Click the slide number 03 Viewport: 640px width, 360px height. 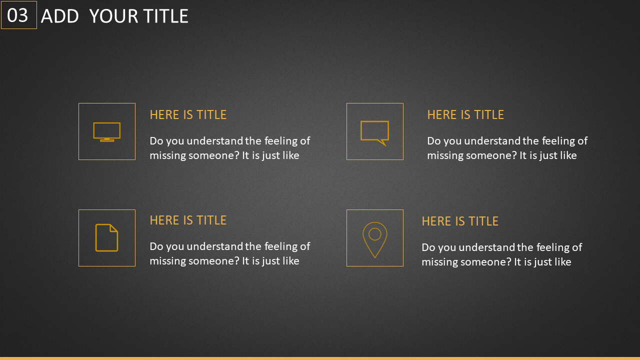[x=17, y=15]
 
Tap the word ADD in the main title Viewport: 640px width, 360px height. [x=59, y=16]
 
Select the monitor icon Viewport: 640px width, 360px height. [x=107, y=132]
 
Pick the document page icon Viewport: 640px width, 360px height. [x=106, y=237]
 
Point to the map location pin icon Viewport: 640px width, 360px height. [x=374, y=240]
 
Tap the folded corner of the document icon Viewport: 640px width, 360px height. [x=113, y=228]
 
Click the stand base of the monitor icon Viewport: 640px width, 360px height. [x=107, y=140]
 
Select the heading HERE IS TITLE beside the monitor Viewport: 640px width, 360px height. [x=188, y=115]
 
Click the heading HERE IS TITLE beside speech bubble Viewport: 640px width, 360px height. [x=465, y=115]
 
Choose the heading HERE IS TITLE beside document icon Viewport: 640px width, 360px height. [x=188, y=220]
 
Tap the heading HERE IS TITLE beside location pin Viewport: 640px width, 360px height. [x=460, y=221]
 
